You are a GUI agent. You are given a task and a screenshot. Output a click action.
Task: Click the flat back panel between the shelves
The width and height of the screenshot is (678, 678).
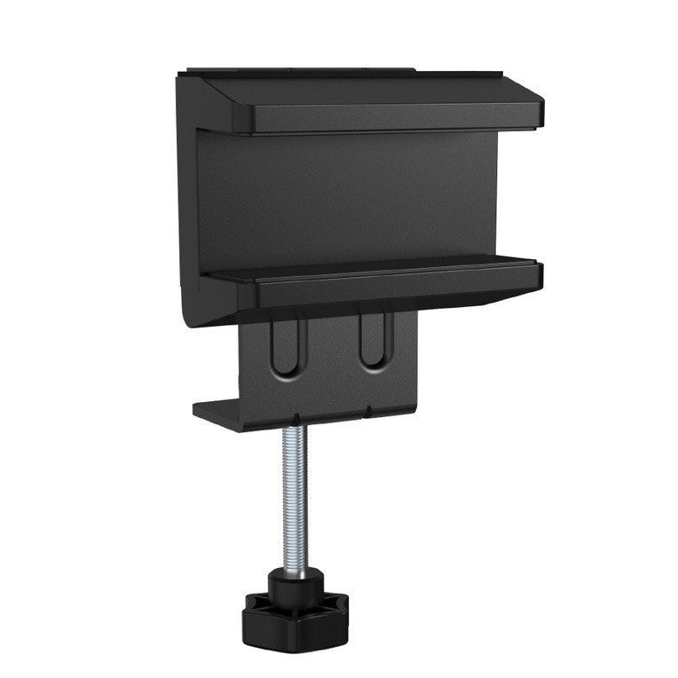pyautogui.click(x=346, y=195)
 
